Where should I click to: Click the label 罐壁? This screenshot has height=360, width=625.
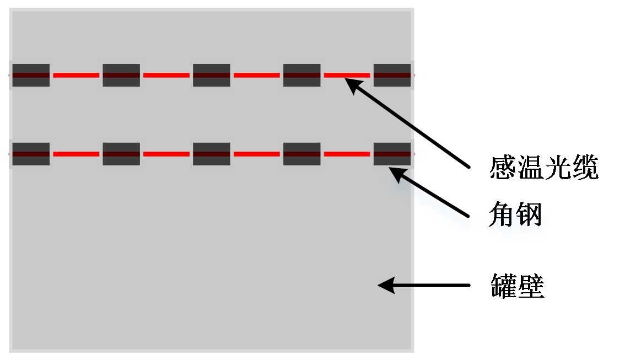coord(518,286)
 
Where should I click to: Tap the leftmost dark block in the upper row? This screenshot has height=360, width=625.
coord(31,75)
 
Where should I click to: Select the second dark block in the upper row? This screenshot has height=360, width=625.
coord(121,75)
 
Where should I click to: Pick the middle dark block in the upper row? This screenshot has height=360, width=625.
coord(212,75)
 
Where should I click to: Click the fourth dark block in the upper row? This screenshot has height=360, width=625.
coord(302,75)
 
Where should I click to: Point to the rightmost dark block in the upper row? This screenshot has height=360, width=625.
coord(392,75)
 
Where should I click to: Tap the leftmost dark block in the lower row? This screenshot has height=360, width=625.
coord(31,154)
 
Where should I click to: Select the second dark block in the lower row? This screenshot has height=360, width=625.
coord(121,154)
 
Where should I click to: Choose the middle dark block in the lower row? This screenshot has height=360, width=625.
coord(212,154)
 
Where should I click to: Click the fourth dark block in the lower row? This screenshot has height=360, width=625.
coord(302,154)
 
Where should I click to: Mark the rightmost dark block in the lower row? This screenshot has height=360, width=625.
coord(392,154)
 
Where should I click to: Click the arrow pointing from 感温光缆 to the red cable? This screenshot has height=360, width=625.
coord(411,123)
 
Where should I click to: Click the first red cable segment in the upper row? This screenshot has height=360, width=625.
coord(76,75)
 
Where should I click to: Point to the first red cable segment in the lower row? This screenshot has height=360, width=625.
coord(76,154)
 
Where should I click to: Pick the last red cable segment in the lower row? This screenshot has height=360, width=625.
coord(347,154)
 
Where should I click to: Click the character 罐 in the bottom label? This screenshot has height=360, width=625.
coord(504,286)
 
